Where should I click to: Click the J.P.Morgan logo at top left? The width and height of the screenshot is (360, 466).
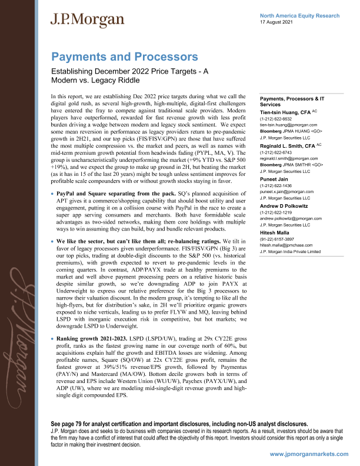tap(87, 19)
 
